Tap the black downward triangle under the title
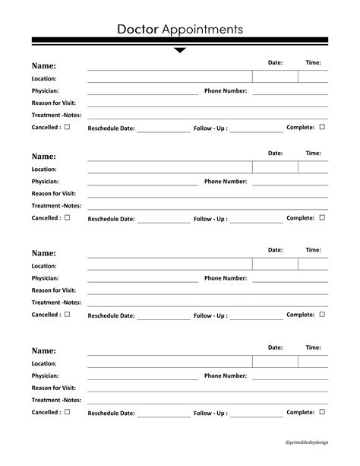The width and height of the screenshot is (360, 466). [x=180, y=51]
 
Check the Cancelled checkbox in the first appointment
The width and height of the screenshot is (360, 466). [x=67, y=127]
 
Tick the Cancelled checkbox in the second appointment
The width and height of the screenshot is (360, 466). [x=67, y=217]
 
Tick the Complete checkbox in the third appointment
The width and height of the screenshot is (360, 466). [x=322, y=314]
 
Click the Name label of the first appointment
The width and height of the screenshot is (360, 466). [x=43, y=66]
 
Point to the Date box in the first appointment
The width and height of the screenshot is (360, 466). [x=275, y=77]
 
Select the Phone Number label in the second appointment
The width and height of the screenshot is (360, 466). [x=226, y=182]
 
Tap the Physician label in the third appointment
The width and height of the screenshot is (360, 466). [x=45, y=279]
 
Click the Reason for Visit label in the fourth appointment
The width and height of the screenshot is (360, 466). [x=53, y=388]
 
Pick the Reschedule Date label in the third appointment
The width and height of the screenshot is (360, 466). [x=112, y=316]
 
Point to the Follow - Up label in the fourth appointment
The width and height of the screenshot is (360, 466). [x=210, y=414]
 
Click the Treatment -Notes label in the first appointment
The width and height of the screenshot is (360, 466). [x=56, y=115]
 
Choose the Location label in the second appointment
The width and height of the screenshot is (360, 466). [x=44, y=170]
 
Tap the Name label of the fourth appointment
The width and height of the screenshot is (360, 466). [x=43, y=350]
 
